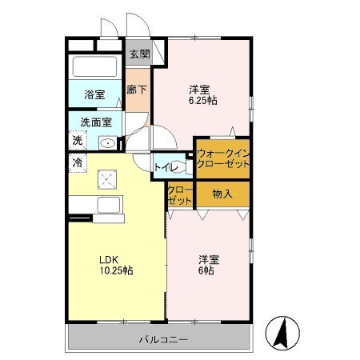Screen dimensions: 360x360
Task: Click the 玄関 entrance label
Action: point(140,54)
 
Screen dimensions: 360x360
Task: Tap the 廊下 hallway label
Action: point(137,90)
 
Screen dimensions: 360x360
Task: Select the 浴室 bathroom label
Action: point(94,94)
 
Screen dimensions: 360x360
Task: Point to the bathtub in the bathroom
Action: point(95,66)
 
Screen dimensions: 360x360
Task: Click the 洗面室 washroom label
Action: point(96,122)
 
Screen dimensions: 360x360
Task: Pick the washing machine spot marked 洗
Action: point(78,141)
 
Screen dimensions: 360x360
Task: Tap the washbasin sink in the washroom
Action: point(108,143)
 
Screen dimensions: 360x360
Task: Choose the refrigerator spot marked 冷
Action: point(78,162)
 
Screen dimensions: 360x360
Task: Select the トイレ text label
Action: point(166,167)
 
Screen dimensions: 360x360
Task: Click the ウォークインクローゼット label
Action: point(223,158)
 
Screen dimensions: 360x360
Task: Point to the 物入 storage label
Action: point(222,194)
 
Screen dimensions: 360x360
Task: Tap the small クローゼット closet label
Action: point(180,195)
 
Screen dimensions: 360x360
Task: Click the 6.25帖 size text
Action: point(203,101)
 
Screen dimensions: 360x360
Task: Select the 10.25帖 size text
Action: point(117,270)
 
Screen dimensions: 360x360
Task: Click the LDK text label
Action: point(109,259)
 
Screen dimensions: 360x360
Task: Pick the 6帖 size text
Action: point(206,270)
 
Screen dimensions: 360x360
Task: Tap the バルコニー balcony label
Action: point(164,340)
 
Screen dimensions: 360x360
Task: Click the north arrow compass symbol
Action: point(282,334)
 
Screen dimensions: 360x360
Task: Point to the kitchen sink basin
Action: point(109,205)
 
